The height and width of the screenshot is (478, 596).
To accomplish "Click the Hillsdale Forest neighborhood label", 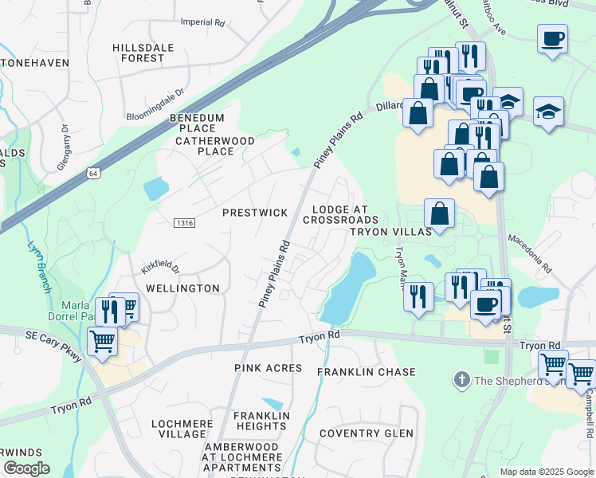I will (143, 53).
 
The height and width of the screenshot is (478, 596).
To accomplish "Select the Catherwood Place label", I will (216, 146).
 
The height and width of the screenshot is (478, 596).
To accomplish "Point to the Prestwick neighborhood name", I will (254, 213).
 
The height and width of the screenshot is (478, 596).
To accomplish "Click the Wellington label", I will (182, 288).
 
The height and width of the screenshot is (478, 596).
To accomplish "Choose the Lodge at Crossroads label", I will (340, 214).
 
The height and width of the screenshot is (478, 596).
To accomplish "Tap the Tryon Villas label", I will (391, 231).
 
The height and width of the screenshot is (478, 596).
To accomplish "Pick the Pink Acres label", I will (269, 368).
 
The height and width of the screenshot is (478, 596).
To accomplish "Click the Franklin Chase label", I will (367, 372).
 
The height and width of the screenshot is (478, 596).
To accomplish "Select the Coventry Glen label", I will (366, 433).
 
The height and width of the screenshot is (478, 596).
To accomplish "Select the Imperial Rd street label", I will (202, 23).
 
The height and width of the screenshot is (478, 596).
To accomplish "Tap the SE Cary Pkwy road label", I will (54, 347).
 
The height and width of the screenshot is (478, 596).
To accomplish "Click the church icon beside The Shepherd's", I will (461, 380).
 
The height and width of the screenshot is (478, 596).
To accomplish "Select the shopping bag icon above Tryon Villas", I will (439, 213).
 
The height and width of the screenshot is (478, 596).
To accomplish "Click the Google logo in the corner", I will (25, 468).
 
